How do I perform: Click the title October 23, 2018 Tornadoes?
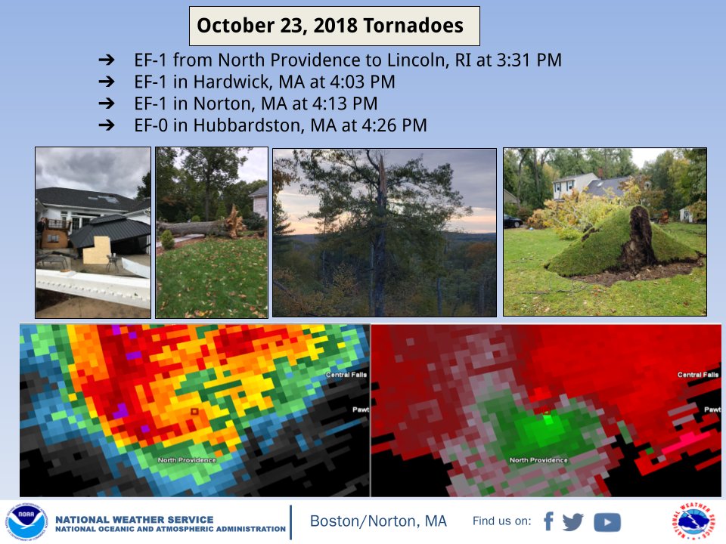pyautogui.click(x=330, y=26)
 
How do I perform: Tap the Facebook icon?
pyautogui.click(x=548, y=522)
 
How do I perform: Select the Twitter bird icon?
pyautogui.click(x=574, y=522)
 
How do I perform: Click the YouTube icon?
pyautogui.click(x=607, y=522)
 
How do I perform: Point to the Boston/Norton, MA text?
pyautogui.click(x=378, y=522)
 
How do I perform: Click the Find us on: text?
pyautogui.click(x=501, y=522)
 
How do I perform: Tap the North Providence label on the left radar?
pyautogui.click(x=187, y=460)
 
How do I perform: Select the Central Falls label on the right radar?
pyautogui.click(x=698, y=375)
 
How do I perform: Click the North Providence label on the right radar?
pyautogui.click(x=538, y=460)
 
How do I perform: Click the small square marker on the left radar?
pyautogui.click(x=194, y=411)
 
